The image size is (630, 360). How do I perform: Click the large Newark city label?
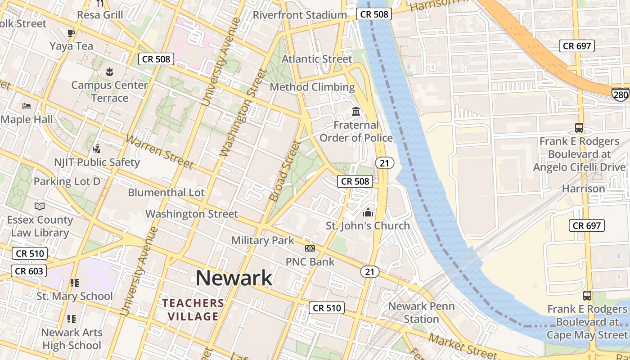click(234, 278)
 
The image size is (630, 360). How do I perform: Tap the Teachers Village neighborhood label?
click(193, 310)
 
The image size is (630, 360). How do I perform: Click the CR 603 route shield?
click(29, 271)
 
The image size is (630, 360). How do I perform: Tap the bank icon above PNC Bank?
click(310, 248)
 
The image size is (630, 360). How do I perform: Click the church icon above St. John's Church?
click(368, 212)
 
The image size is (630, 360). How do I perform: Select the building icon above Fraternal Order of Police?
click(356, 111)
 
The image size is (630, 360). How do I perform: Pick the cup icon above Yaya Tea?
click(71, 33)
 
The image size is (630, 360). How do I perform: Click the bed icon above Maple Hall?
click(27, 106)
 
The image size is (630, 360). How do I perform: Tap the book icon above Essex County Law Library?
click(40, 206)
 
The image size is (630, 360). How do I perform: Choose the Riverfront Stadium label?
click(300, 15)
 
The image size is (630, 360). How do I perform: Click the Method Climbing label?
click(312, 87)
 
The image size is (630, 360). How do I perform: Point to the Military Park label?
click(263, 240)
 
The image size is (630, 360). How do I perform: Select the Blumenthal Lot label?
click(166, 193)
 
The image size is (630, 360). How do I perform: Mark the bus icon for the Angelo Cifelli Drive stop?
click(579, 128)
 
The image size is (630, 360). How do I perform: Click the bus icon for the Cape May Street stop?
click(587, 296)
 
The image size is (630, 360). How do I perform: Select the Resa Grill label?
click(100, 15)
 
